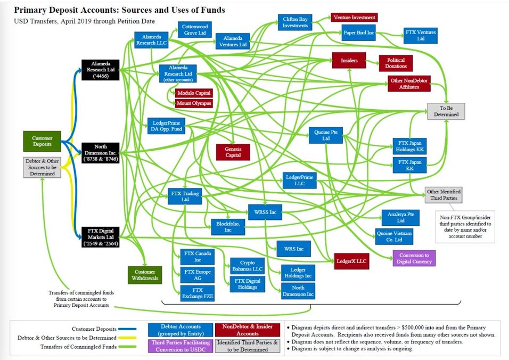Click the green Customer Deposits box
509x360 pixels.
click(42, 141)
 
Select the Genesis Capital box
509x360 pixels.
click(233, 152)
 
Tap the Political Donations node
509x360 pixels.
click(396, 63)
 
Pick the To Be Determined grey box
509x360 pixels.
click(446, 111)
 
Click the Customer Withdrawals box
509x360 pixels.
click(145, 275)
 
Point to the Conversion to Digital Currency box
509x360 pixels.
click(414, 258)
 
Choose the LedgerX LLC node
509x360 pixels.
click(351, 261)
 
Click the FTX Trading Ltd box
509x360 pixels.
click(185, 197)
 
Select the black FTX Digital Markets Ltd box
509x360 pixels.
click(101, 238)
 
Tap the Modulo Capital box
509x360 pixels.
click(194, 93)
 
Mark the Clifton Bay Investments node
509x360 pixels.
click(295, 22)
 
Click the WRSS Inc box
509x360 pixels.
click(265, 212)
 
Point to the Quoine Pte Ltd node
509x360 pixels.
click(326, 135)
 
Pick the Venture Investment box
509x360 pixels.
click(354, 18)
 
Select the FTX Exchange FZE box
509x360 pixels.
click(198, 293)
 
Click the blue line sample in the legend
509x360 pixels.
click(127, 329)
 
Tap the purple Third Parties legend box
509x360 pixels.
click(181, 346)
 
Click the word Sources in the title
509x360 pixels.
click(136, 10)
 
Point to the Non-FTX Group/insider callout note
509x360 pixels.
click(465, 227)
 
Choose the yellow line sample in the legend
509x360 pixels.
click(127, 338)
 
